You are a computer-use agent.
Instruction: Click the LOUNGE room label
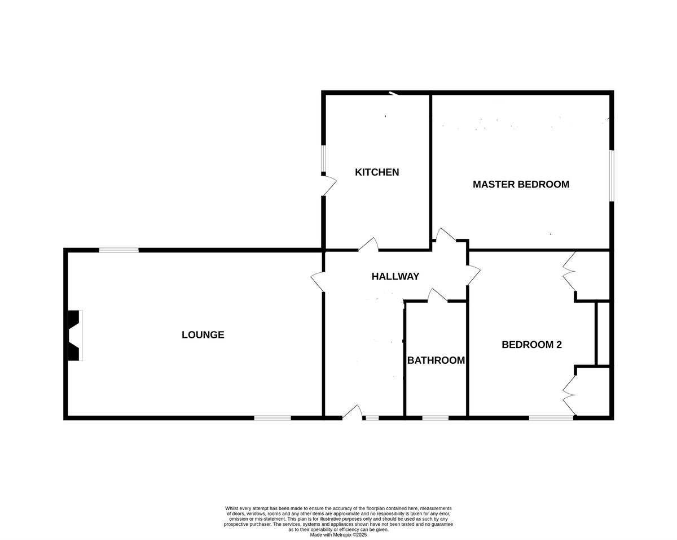click(203, 335)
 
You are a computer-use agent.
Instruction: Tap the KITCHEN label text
click(377, 172)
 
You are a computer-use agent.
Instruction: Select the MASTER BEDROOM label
click(521, 184)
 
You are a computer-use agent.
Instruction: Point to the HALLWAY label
click(395, 276)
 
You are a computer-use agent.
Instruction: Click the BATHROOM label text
click(436, 360)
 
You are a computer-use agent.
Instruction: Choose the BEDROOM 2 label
click(531, 345)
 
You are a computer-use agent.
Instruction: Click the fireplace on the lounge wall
click(74, 335)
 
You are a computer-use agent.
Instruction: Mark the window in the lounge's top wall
click(118, 250)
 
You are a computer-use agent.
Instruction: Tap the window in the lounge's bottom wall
click(272, 418)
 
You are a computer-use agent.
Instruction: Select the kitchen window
click(323, 159)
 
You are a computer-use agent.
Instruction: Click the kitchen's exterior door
click(328, 184)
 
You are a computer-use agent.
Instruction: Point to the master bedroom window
click(612, 175)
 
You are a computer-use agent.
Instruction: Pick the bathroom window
click(435, 418)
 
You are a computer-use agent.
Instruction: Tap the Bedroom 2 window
click(551, 418)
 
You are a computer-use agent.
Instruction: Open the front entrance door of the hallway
click(353, 413)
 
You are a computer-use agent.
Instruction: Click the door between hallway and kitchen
click(368, 245)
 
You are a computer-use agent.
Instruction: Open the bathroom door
click(437, 295)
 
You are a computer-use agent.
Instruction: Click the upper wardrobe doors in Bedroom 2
click(569, 271)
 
